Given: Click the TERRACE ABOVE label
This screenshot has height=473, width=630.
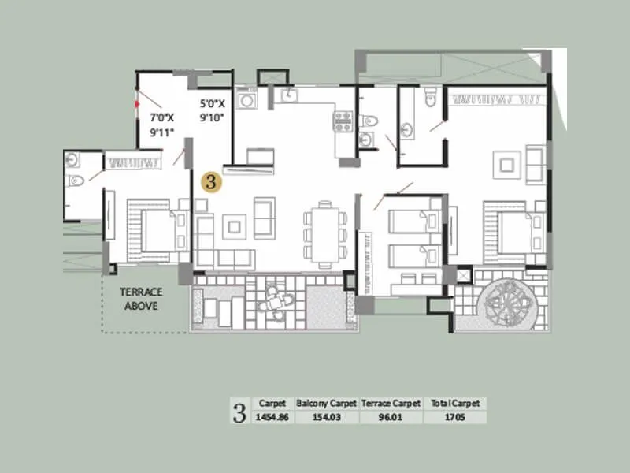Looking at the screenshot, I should (x=141, y=299).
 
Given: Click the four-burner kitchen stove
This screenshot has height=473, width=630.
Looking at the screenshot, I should (x=343, y=121).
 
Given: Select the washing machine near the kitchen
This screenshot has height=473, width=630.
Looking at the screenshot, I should (x=247, y=101).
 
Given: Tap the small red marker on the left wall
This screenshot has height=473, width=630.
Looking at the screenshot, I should (x=137, y=102).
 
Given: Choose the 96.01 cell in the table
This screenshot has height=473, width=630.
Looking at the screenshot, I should (x=391, y=417).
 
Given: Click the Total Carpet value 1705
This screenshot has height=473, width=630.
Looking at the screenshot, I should (x=454, y=417).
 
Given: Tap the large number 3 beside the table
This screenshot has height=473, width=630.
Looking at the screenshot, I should (x=239, y=411).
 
